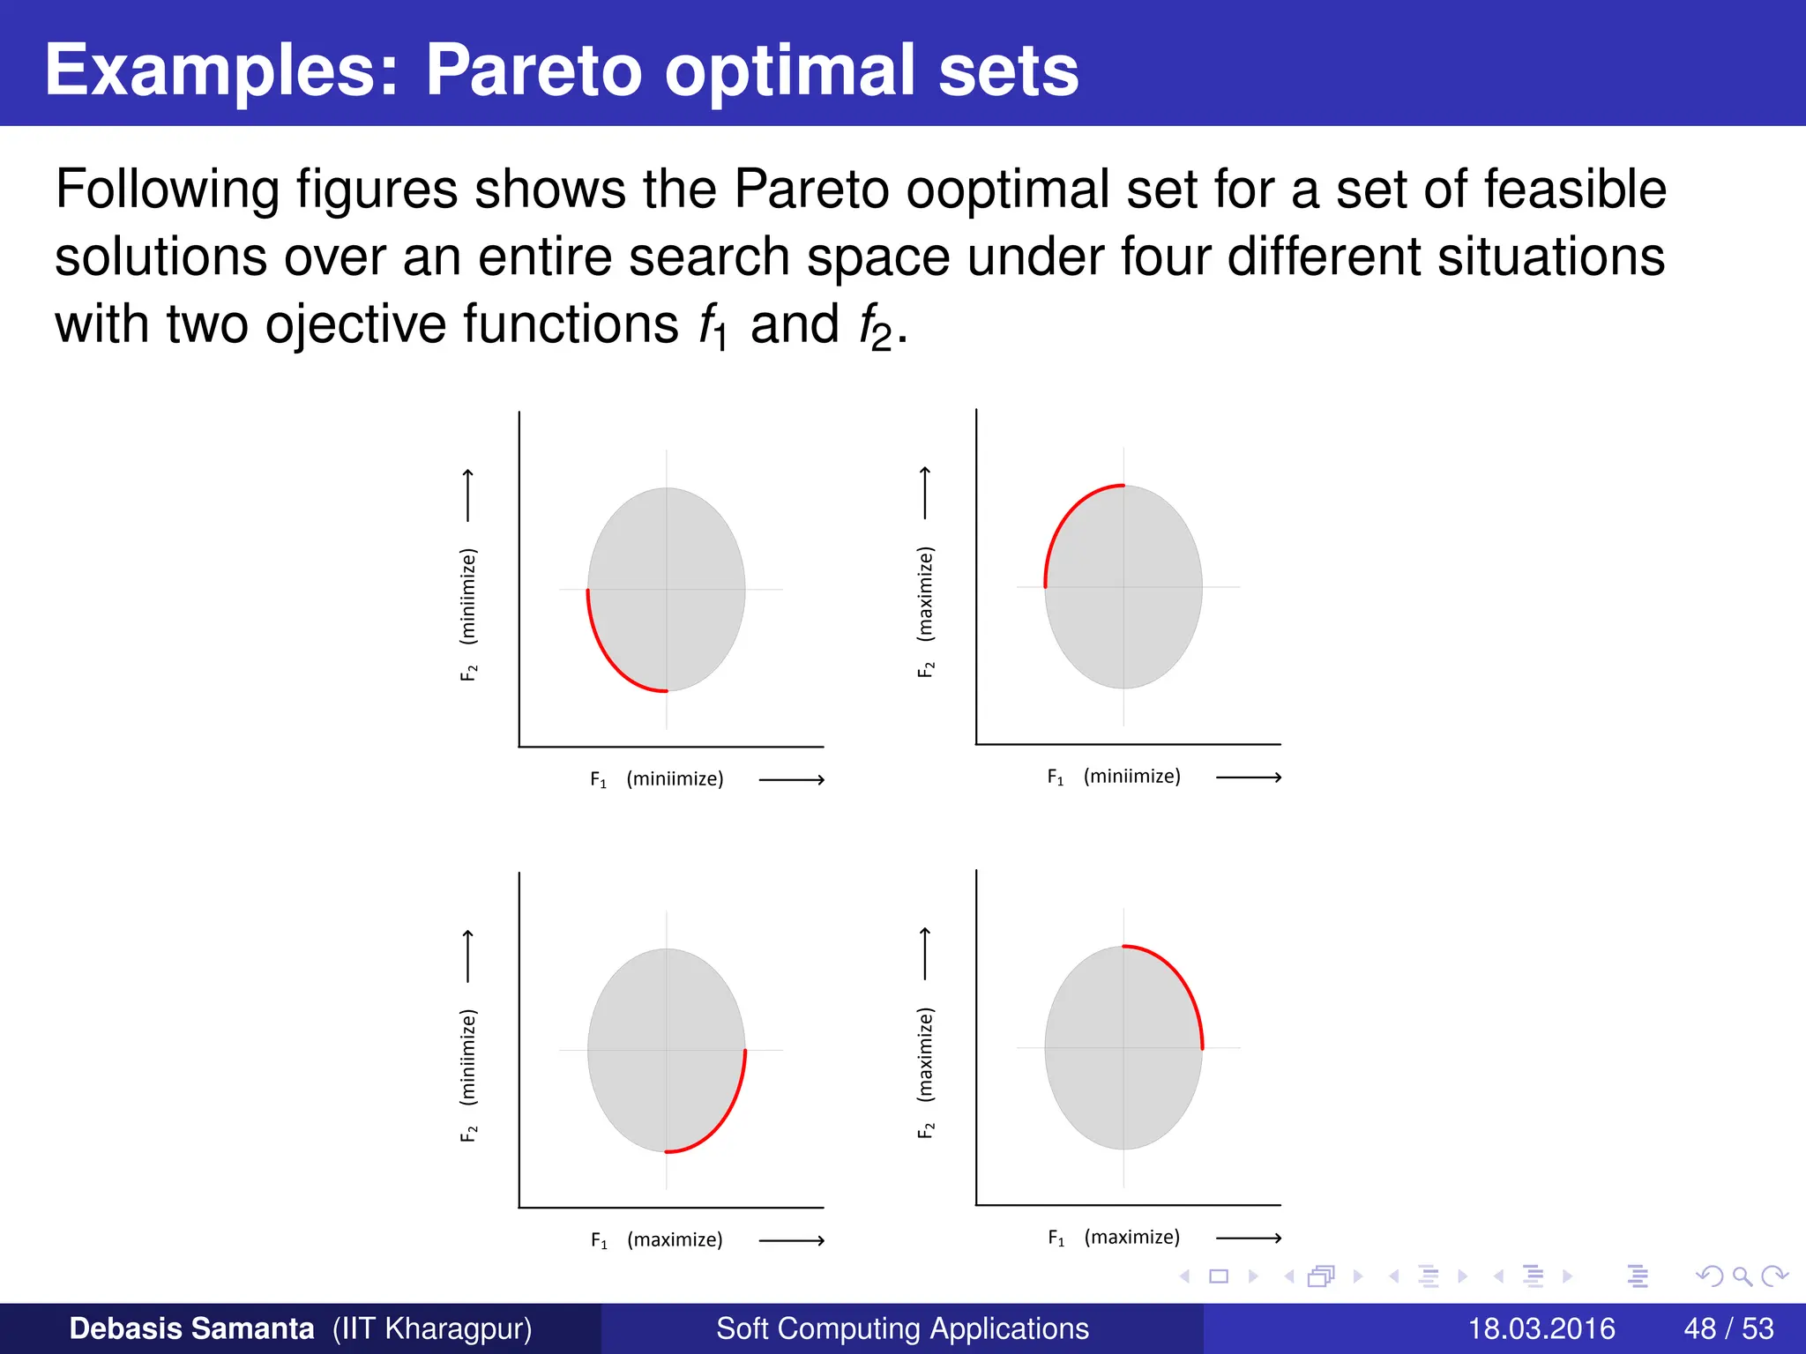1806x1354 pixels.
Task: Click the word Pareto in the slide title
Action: pyautogui.click(x=535, y=71)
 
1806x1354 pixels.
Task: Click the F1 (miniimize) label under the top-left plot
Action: pyautogui.click(x=657, y=779)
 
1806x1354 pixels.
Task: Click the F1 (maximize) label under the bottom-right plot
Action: pyautogui.click(x=1114, y=1238)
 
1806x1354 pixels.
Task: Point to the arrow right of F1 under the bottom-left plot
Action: pyautogui.click(x=791, y=1240)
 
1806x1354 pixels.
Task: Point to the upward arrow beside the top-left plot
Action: pyautogui.click(x=468, y=495)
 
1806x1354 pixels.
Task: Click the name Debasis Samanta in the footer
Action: pyautogui.click(x=191, y=1328)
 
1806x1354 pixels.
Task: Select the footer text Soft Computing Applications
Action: pyautogui.click(x=902, y=1328)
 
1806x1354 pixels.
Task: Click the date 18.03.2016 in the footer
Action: pyautogui.click(x=1541, y=1328)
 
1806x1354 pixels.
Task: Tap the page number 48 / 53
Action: pyautogui.click(x=1728, y=1328)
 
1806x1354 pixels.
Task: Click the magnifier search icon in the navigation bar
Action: pyautogui.click(x=1742, y=1276)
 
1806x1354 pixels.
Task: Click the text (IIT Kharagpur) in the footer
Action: pyautogui.click(x=432, y=1328)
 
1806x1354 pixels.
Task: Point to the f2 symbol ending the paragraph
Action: pyautogui.click(x=876, y=326)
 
